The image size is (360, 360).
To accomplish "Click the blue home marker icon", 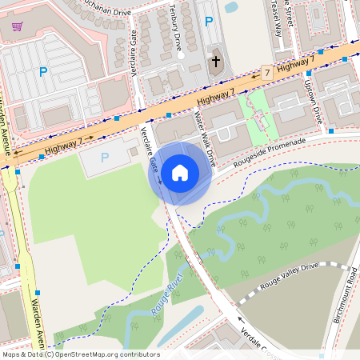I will (x=180, y=173).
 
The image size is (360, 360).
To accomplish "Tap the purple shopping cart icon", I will (x=17, y=26).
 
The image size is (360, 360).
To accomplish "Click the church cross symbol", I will (x=214, y=61).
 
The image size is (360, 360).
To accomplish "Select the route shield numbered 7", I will (x=266, y=73).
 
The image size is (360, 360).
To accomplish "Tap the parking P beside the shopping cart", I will (x=43, y=72).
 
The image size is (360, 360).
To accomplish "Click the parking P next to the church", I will (x=209, y=22).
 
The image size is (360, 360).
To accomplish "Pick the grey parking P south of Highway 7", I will (x=104, y=158).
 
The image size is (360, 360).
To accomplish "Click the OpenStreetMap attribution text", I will (x=81, y=354).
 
